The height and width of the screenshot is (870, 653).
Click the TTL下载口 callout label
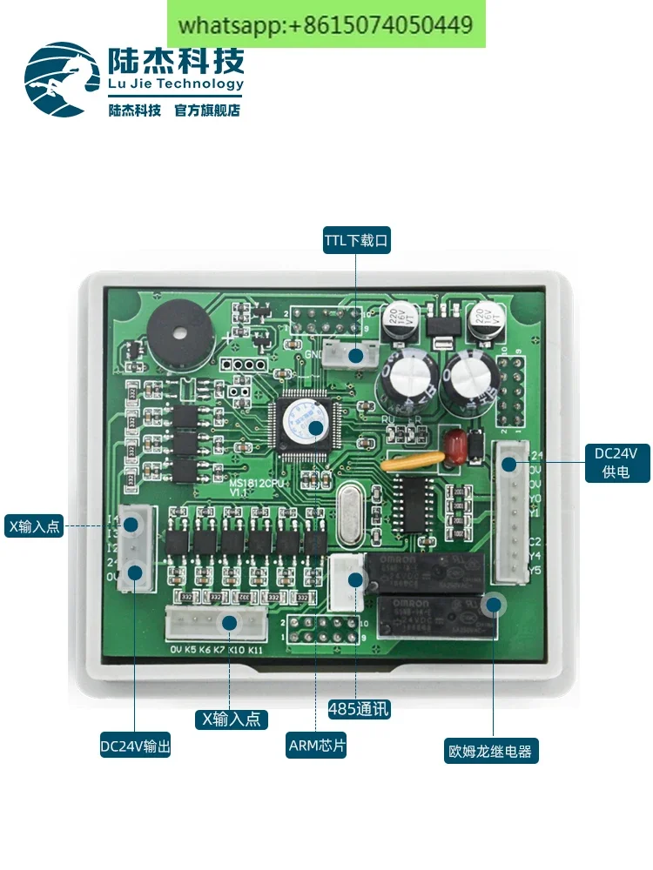point(357,240)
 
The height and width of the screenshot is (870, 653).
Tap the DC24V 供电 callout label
point(616,463)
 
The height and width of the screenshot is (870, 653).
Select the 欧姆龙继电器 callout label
point(489,751)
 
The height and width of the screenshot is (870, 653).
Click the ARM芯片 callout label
point(317,746)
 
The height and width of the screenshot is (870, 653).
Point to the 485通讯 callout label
point(359,709)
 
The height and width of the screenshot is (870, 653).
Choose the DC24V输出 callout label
point(135,746)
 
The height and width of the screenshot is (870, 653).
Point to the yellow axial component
point(413,463)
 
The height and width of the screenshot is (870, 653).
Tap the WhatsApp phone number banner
point(326,24)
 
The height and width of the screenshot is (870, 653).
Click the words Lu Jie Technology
point(176,84)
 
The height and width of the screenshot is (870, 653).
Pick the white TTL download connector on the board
point(355,354)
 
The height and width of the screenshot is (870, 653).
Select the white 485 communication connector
point(348,581)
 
